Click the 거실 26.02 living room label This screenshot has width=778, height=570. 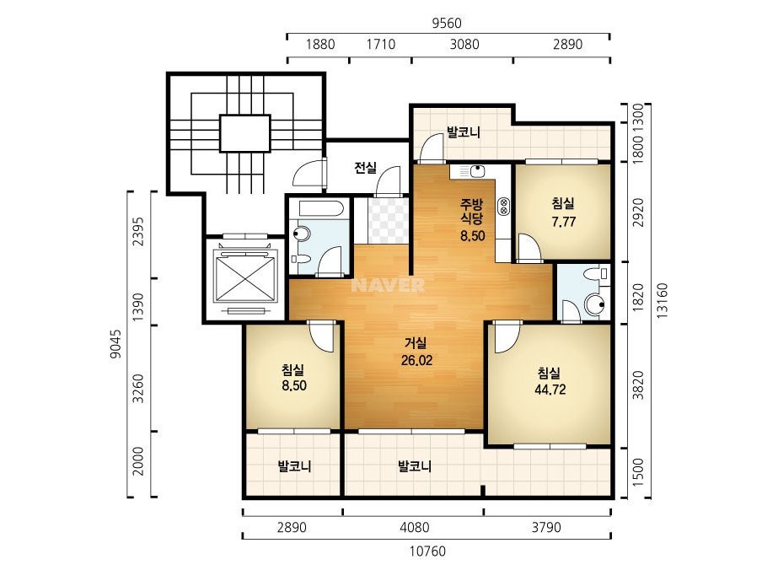(416, 352)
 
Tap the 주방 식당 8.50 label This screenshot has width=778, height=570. (472, 219)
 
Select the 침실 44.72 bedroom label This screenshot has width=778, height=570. (550, 381)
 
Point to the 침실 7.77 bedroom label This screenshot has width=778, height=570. (563, 212)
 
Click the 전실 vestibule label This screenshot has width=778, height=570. (366, 168)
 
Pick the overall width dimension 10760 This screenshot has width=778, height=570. (427, 551)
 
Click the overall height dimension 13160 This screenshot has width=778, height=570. (662, 300)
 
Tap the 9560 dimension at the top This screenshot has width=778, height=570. (447, 24)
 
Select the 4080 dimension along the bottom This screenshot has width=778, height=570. (415, 527)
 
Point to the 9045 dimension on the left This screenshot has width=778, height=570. (115, 343)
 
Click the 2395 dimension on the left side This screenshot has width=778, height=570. (138, 231)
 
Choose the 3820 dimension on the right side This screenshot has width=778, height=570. (639, 384)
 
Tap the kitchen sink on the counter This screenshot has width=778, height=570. (477, 172)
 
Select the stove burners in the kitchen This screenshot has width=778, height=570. (503, 206)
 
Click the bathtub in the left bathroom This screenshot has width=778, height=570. (318, 208)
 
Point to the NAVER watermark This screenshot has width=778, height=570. (388, 285)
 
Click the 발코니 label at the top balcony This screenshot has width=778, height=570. (464, 132)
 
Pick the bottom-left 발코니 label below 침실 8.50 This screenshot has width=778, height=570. (294, 466)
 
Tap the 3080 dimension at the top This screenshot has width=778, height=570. (464, 44)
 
